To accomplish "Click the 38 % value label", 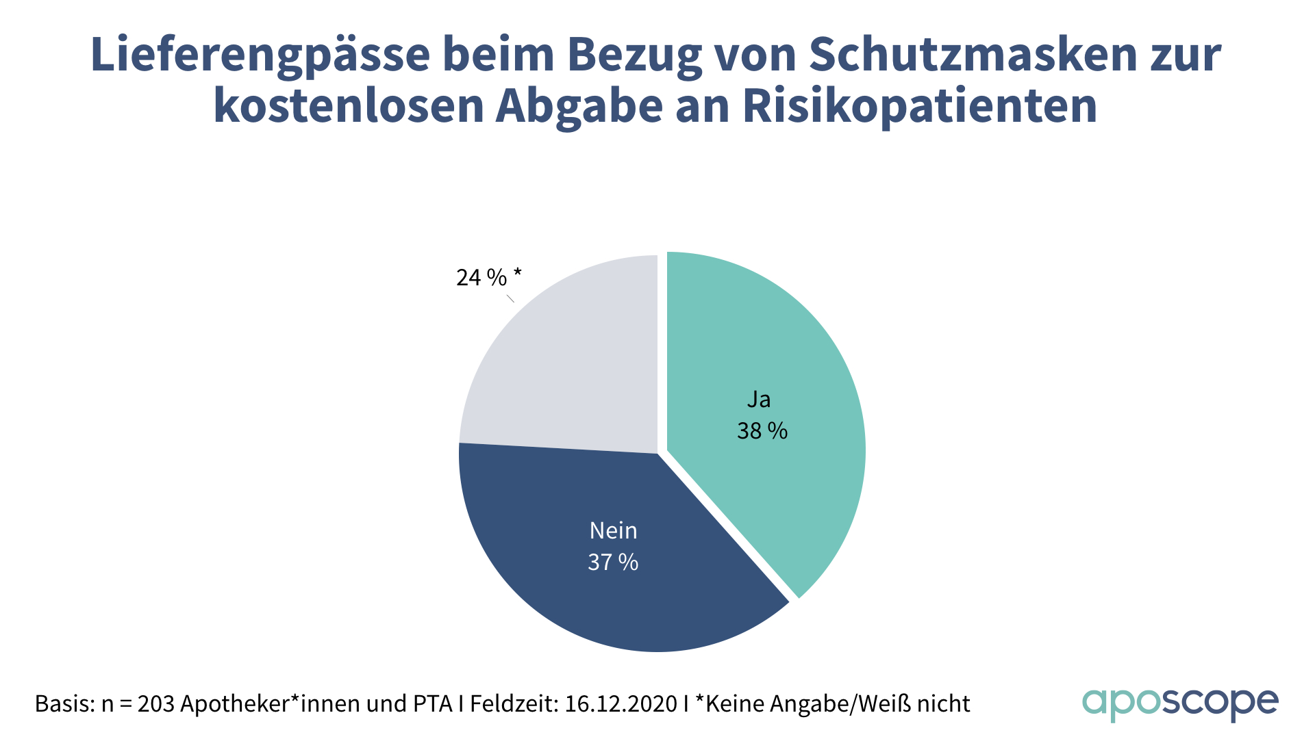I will click(762, 431).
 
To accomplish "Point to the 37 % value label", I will click(613, 562).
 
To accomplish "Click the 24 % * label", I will click(488, 278).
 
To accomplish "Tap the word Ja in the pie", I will click(759, 400).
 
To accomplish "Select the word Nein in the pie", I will click(613, 531).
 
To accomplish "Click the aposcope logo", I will click(1180, 704).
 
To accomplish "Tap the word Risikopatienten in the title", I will click(920, 107).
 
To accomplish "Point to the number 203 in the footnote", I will click(155, 704).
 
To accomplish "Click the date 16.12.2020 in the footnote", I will click(621, 704).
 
